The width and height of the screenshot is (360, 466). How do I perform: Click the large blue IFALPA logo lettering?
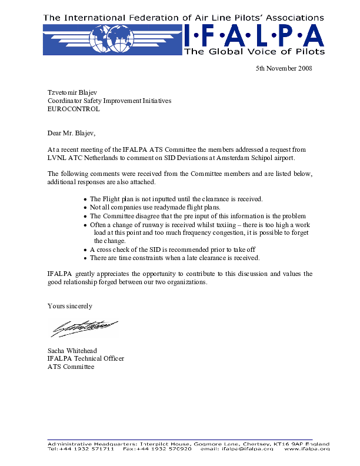(x=254, y=36)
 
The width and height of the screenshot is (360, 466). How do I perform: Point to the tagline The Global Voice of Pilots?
(x=254, y=52)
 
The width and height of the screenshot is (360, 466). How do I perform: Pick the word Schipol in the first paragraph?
(x=257, y=158)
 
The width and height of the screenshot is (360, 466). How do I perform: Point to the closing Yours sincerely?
(x=70, y=306)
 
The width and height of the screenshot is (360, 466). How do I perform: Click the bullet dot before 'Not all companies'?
(x=86, y=208)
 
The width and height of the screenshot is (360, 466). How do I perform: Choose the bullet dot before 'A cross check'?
(x=86, y=249)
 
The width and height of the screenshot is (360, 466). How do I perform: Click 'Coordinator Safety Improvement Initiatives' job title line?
(x=109, y=101)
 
